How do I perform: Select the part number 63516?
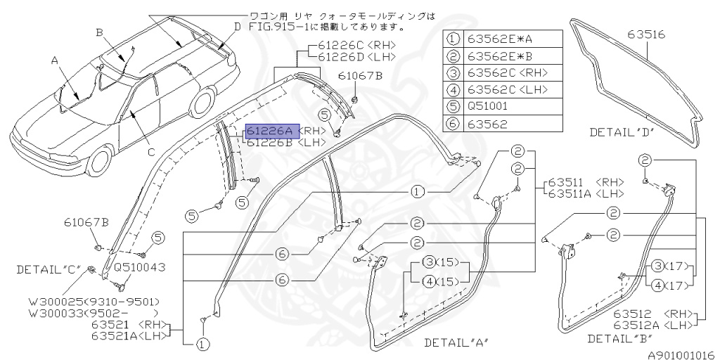coord(648,34)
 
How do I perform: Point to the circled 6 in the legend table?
coord(454,124)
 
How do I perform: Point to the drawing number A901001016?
coord(681,355)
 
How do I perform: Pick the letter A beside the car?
coord(53,60)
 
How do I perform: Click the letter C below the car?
coord(151,151)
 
